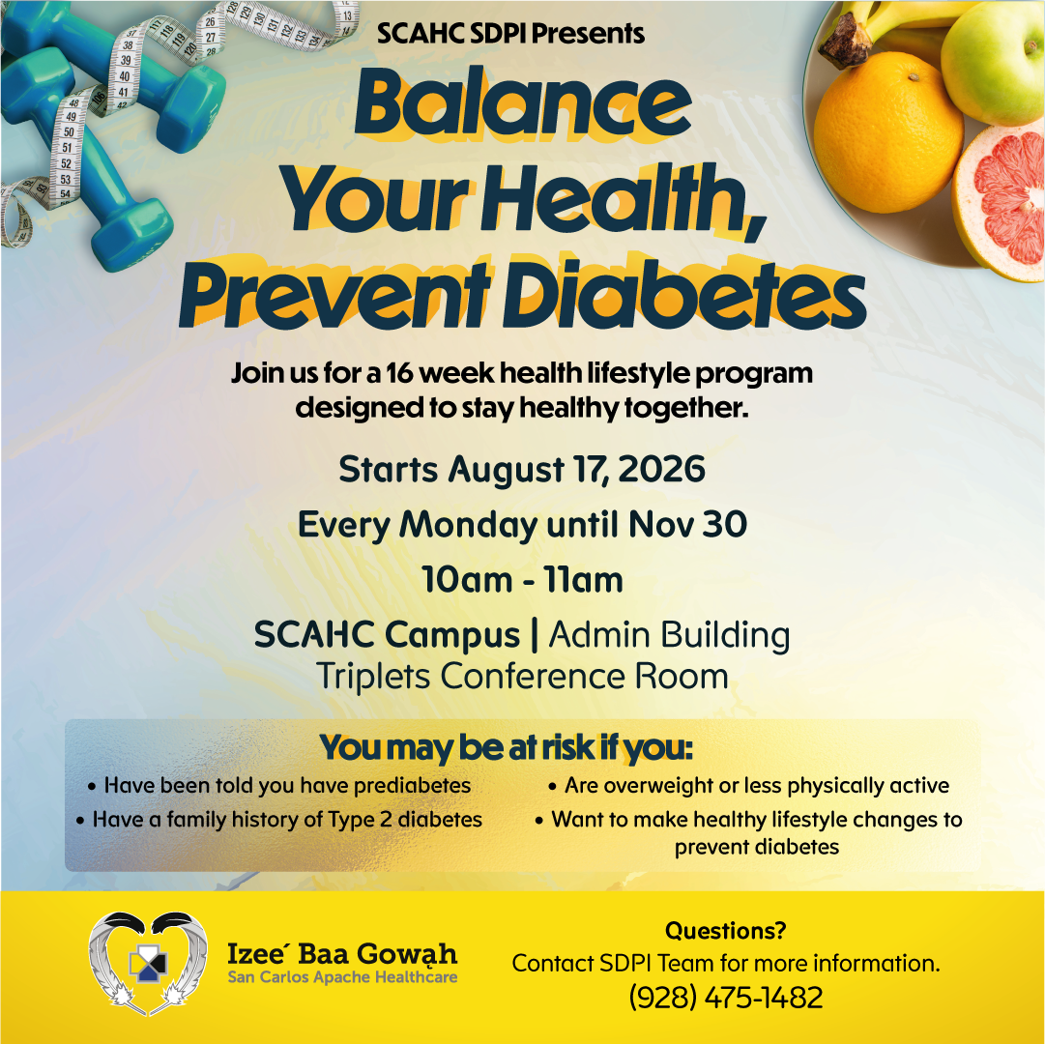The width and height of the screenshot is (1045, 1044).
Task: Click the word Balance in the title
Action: [522, 104]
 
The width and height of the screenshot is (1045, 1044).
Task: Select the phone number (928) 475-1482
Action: [726, 998]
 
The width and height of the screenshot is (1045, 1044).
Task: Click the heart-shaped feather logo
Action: [148, 963]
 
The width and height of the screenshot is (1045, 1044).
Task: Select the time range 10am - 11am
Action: [522, 579]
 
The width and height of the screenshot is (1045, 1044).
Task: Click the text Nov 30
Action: [687, 524]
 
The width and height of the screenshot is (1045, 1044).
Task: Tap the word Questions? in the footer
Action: [726, 930]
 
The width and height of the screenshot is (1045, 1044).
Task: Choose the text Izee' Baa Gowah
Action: [342, 953]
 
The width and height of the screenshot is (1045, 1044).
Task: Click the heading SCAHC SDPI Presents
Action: [510, 33]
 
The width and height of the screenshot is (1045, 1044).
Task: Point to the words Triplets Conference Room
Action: [522, 677]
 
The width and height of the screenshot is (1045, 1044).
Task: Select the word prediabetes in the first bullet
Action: [412, 786]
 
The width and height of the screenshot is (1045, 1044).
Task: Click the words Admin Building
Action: [669, 634]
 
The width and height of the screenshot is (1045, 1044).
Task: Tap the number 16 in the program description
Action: [399, 373]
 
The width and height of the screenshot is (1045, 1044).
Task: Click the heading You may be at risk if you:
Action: [506, 747]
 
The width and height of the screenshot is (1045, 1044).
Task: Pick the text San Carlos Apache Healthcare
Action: [342, 977]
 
